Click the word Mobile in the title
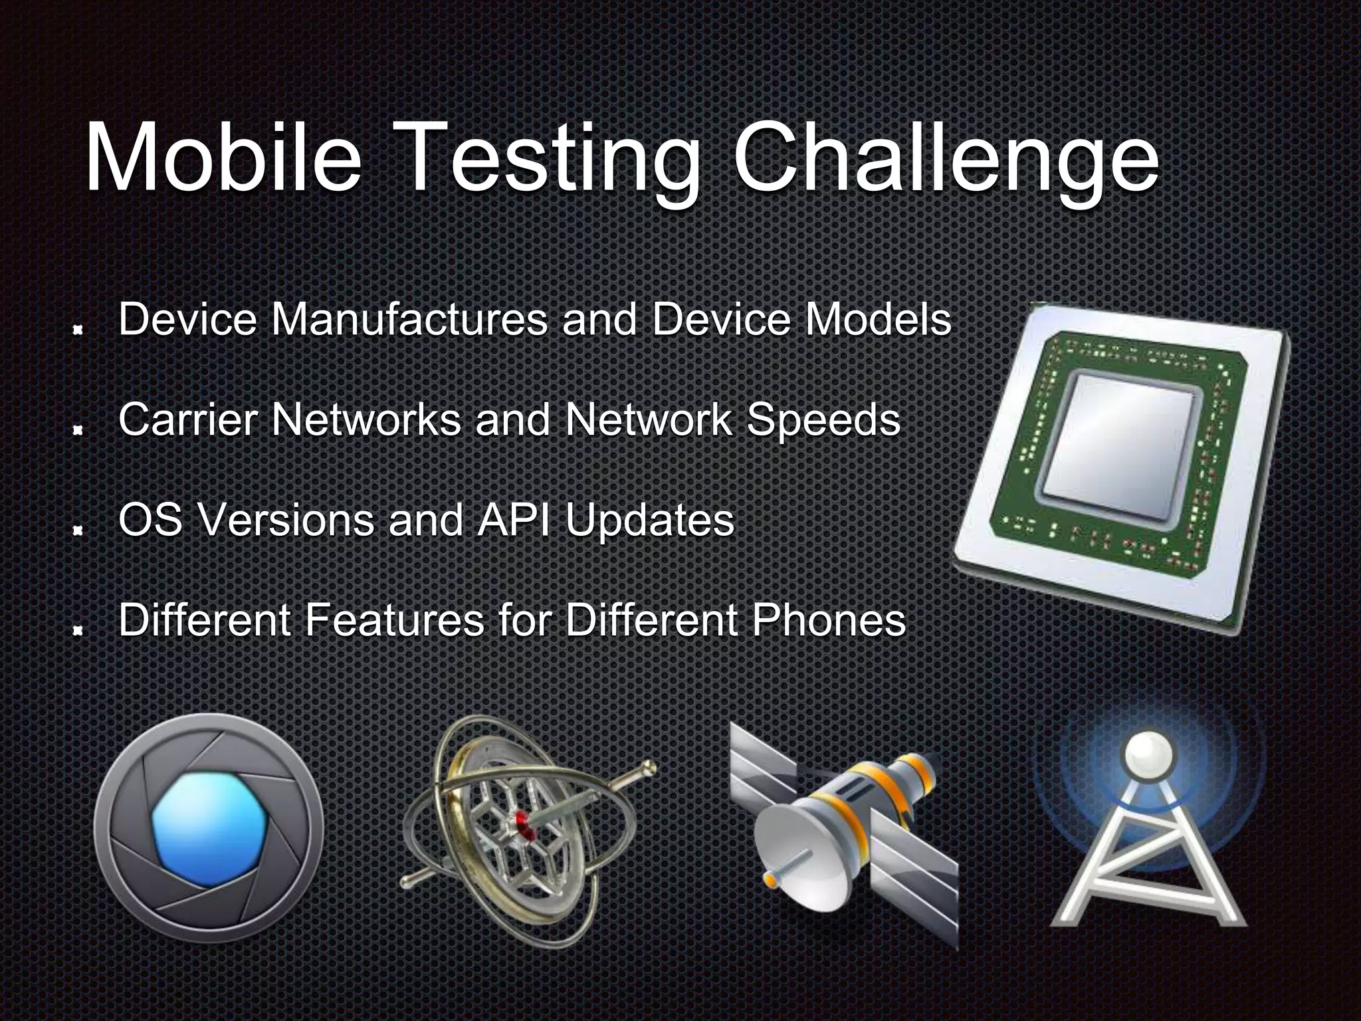tap(223, 158)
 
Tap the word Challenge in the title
tap(946, 158)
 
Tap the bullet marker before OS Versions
tap(78, 530)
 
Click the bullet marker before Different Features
tap(78, 630)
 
